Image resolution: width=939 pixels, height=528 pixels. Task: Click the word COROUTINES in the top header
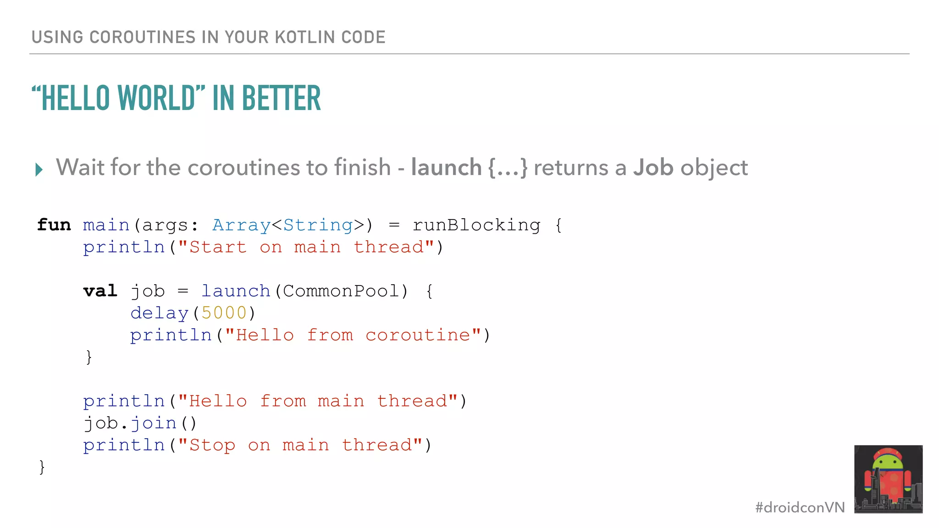(x=142, y=37)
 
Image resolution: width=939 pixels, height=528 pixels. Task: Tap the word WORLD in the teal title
(x=156, y=98)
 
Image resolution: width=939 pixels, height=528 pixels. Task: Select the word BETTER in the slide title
(x=281, y=98)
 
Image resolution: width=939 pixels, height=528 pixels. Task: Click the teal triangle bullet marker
(x=39, y=170)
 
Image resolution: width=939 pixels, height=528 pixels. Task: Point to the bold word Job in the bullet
(x=653, y=167)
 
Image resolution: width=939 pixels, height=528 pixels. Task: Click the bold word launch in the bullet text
(x=446, y=167)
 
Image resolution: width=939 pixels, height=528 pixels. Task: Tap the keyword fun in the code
(x=54, y=225)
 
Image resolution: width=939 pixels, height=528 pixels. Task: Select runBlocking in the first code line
(x=476, y=225)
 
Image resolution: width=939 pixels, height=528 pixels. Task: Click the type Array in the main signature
(x=241, y=225)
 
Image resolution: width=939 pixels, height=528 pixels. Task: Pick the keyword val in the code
(x=100, y=291)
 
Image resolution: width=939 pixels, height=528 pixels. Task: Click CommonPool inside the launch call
(x=341, y=291)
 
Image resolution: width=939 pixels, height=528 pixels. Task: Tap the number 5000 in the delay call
(x=224, y=313)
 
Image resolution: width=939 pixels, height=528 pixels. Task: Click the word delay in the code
(x=159, y=313)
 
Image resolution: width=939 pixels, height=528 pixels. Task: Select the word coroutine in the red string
(x=418, y=335)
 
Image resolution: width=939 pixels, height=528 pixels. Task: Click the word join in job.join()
(x=154, y=423)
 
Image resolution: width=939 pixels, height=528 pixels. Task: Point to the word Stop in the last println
(x=212, y=445)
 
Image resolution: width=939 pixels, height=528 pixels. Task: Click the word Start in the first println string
(x=218, y=247)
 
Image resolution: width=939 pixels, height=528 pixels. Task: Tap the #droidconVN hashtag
(x=800, y=507)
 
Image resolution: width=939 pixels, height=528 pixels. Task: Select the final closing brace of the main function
(x=42, y=467)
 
